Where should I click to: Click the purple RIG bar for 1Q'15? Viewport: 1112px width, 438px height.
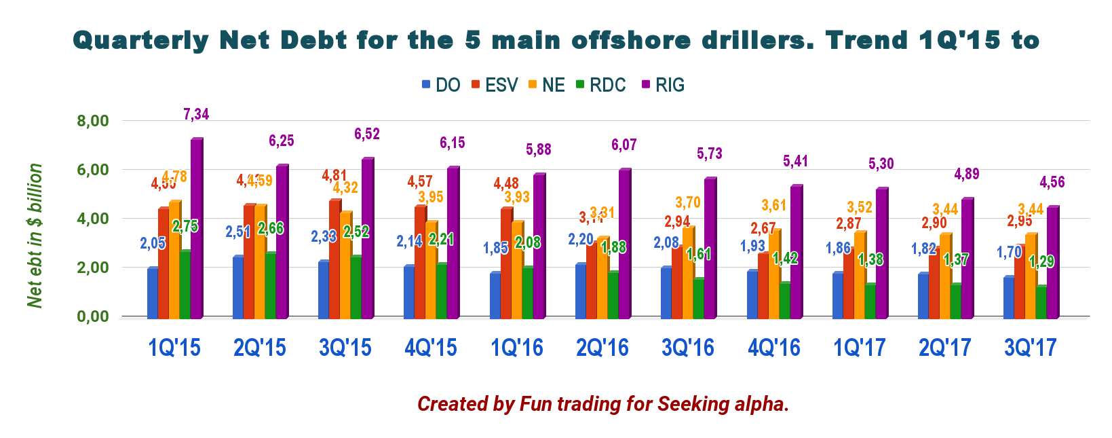click(x=197, y=229)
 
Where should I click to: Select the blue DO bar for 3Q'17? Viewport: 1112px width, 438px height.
click(x=1009, y=297)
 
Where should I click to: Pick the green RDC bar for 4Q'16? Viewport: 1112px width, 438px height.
click(x=784, y=300)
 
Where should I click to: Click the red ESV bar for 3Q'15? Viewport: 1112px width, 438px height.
click(x=334, y=259)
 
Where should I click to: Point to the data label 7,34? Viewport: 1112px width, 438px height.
click(x=196, y=114)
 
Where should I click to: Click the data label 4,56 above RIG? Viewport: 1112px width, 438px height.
click(x=1052, y=182)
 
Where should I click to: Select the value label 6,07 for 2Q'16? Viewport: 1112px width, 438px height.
click(x=624, y=145)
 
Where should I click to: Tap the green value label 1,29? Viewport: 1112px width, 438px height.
click(x=1041, y=261)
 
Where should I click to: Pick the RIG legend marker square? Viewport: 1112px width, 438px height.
click(x=645, y=85)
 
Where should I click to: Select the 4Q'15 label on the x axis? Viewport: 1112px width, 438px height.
click(x=431, y=348)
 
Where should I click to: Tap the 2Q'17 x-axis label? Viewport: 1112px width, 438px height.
click(x=944, y=348)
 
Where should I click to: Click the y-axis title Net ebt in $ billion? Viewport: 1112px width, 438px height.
click(x=35, y=236)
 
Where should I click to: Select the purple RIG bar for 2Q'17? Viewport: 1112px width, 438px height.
click(x=967, y=258)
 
